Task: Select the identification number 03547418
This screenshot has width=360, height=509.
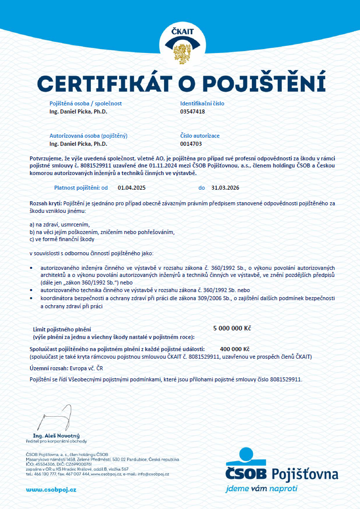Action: (192, 111)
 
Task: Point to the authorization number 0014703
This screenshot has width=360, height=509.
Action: (191, 144)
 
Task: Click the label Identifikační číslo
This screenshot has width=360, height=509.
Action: (202, 103)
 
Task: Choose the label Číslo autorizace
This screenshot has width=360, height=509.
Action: (200, 136)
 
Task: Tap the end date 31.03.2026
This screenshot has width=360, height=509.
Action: (225, 188)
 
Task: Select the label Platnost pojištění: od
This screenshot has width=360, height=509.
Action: (81, 188)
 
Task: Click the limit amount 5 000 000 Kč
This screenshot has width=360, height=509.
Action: (232, 328)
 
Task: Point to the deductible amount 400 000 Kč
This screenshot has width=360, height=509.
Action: (235, 349)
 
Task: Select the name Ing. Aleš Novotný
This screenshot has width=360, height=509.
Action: (57, 435)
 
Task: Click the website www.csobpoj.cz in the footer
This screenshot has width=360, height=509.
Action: (51, 490)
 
